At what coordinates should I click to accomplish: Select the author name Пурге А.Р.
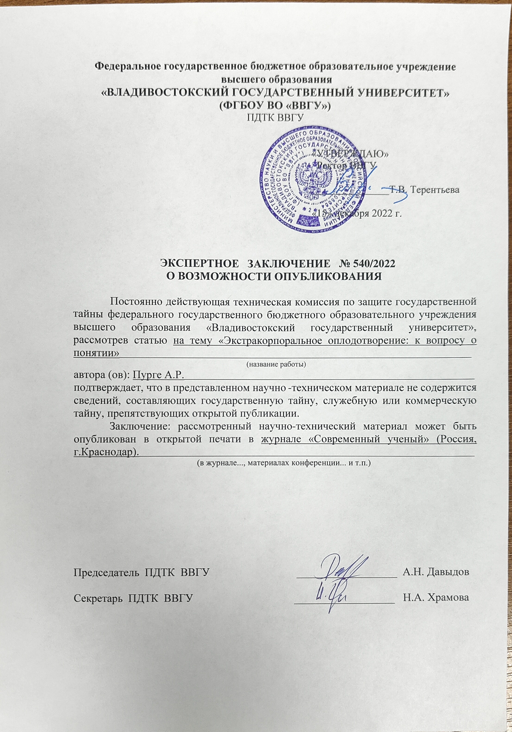159,374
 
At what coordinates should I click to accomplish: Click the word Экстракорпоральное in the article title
280,340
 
